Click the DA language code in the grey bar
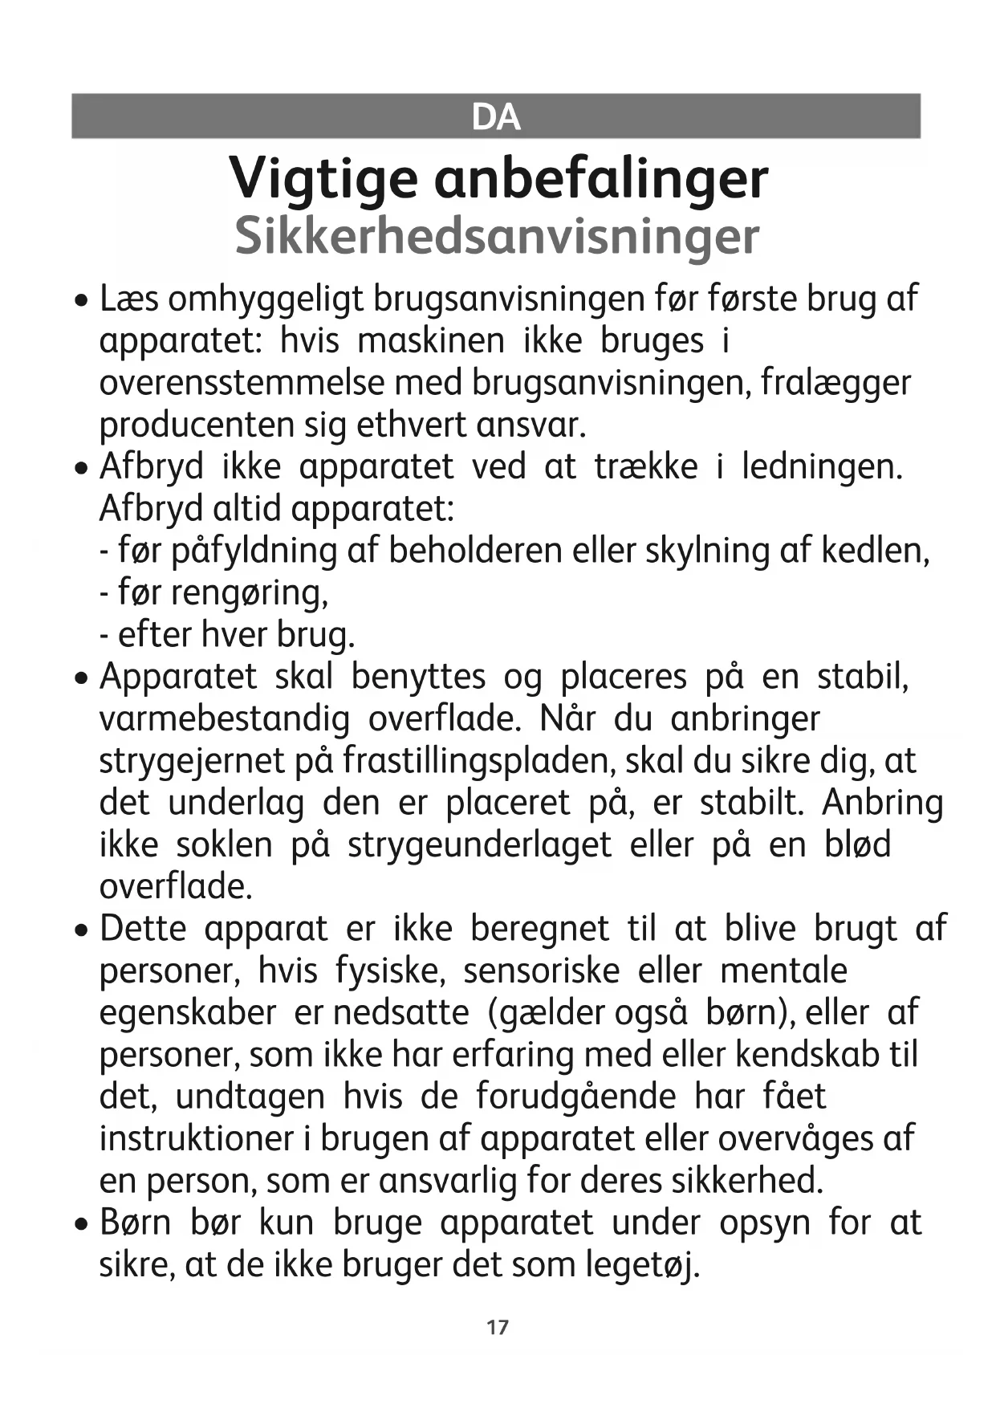496,117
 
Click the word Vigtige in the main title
323,178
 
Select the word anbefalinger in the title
601,178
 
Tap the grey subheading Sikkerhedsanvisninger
497,236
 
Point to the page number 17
497,1327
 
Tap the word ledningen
822,466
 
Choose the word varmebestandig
224,718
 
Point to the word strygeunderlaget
479,845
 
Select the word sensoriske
541,971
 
